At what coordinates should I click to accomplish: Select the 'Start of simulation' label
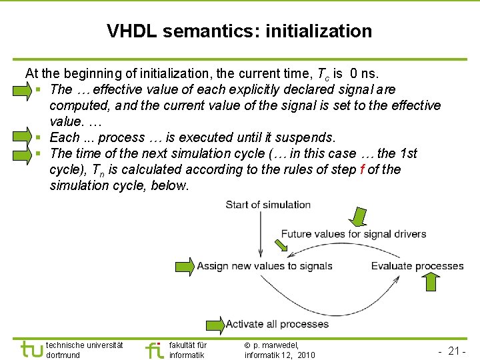click(x=268, y=205)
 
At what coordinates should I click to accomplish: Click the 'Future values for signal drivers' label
click(x=344, y=234)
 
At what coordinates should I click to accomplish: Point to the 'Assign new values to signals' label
click(x=264, y=266)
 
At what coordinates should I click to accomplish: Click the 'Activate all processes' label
click(x=277, y=324)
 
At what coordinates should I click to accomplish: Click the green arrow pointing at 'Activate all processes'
click(x=215, y=325)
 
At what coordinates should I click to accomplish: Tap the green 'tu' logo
click(x=31, y=349)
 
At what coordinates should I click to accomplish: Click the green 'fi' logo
click(x=154, y=349)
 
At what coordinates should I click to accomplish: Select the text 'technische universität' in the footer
click(x=84, y=345)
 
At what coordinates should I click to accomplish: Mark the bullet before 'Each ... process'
click(x=40, y=138)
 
